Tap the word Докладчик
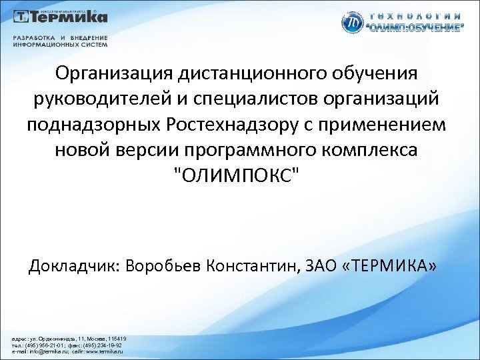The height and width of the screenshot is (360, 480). click(x=71, y=267)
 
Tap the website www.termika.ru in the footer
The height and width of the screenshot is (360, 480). click(x=100, y=352)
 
